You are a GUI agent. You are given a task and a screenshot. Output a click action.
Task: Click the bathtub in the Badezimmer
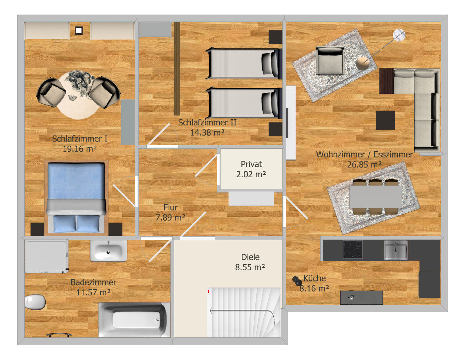pos(134,320)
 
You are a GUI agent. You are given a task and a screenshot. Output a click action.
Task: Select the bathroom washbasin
pos(108,251)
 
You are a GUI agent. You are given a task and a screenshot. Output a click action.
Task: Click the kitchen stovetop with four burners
pos(353,249)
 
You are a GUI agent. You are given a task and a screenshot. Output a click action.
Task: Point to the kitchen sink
pos(396,250)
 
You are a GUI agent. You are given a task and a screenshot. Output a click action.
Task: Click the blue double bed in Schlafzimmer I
pos(76,198)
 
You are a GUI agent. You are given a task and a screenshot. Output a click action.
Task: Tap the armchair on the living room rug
pos(330,61)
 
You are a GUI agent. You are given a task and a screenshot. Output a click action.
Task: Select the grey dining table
pos(375,197)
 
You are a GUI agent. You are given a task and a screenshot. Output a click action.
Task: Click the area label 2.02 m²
pos(251,174)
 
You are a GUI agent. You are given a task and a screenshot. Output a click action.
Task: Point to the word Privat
pos(251,164)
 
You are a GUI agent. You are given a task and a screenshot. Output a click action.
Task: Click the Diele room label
pos(250,257)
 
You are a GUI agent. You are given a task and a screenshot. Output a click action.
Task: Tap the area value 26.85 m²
pos(364,164)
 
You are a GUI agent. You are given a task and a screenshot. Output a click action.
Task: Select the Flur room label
pos(170,207)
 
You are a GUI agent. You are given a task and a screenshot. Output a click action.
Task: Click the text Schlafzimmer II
pos(207,122)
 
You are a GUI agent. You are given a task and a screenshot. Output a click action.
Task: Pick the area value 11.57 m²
pos(93,292)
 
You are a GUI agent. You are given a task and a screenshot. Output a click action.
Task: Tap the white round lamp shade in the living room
pos(399,35)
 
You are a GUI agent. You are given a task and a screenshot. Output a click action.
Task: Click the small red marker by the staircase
pos(208,291)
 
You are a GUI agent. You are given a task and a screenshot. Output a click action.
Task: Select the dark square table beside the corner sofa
pos(385,120)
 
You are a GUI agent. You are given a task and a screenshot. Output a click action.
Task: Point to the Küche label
pos(314,278)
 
